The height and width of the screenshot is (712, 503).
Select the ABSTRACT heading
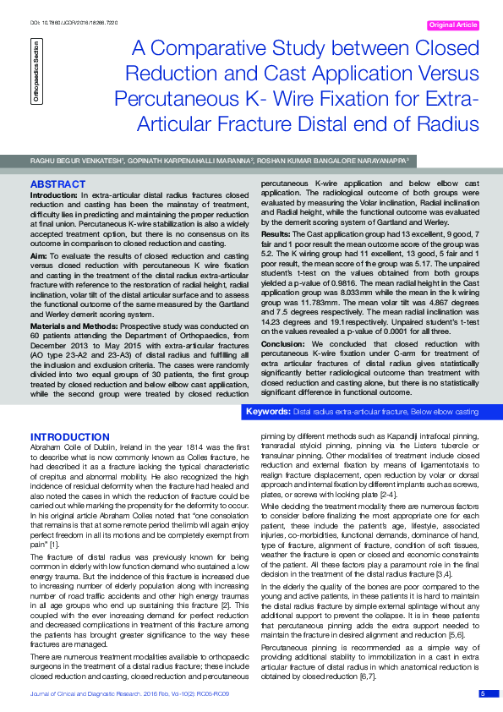tap(57, 183)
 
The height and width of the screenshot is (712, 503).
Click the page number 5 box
tap(482, 694)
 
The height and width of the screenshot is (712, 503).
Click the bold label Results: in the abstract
tap(276, 233)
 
